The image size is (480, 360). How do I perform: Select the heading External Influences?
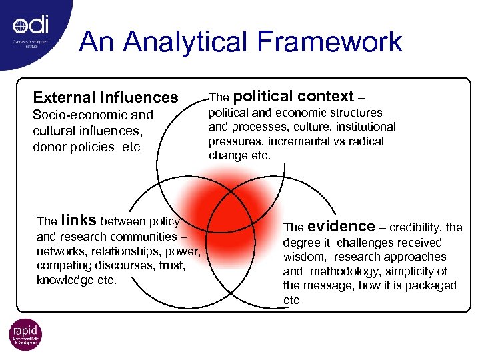105,97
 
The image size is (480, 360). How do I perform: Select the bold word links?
79,221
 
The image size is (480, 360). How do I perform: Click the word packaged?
433,285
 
